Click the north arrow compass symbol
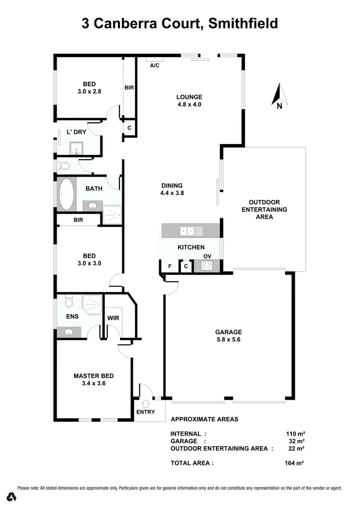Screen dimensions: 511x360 click(279, 95)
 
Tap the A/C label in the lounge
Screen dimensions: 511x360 click(155, 65)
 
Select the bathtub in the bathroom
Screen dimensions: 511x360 click(66, 194)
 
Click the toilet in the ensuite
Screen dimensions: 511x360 click(68, 302)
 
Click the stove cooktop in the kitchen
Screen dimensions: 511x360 click(207, 265)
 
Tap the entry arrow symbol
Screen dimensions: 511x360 click(146, 403)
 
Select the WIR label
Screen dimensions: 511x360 click(114, 318)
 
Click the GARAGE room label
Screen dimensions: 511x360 click(228, 332)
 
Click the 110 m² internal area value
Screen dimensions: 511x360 click(295, 433)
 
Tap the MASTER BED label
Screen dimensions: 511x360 click(94, 376)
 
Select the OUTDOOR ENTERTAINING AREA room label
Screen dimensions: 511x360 click(264, 210)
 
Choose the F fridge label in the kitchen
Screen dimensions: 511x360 click(169, 266)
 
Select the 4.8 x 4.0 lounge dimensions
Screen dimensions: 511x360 click(189, 104)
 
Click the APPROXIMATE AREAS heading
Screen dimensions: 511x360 click(204, 419)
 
